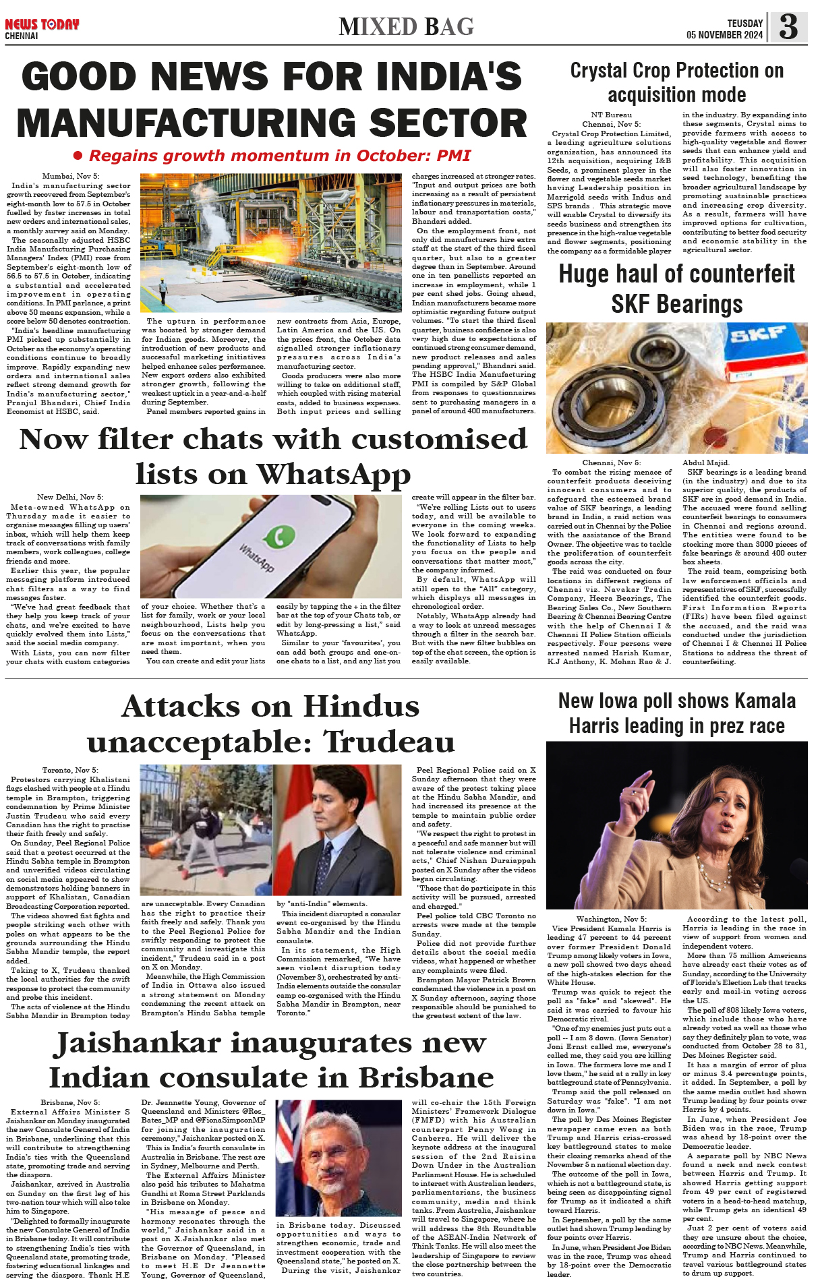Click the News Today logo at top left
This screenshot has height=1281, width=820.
pos(42,26)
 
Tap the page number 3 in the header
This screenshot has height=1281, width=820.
pos(788,27)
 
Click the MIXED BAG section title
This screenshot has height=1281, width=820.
pos(407,27)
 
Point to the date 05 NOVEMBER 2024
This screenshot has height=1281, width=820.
pos(724,35)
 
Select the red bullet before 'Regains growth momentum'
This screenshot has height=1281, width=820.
pos(78,156)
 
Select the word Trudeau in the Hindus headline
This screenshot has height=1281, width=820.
pos(389,742)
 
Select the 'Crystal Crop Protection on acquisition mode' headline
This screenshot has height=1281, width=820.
pos(676,82)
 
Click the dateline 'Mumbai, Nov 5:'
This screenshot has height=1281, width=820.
pos(71,177)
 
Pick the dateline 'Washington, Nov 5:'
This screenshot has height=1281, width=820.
pos(611,919)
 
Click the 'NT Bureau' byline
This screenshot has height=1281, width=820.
pos(611,115)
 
